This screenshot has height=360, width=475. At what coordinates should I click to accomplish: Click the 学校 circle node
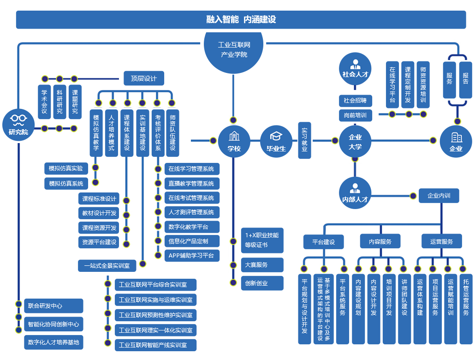tap(234, 141)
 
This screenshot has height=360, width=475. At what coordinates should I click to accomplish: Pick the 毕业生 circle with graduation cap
tap(276, 141)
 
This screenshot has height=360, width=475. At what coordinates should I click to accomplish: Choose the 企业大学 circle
tap(355, 141)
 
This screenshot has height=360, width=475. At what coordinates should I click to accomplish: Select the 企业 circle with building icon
tap(456, 141)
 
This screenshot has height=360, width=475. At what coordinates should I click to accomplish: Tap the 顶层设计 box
tap(144, 78)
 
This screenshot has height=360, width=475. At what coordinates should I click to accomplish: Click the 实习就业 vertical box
tap(304, 140)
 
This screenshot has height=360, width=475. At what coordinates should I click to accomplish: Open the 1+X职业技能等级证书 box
tap(262, 240)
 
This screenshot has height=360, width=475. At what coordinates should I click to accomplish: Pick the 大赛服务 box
tap(262, 265)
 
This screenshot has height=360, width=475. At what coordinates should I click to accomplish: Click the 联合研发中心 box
tap(53, 306)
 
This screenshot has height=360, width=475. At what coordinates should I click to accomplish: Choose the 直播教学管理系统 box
tap(191, 184)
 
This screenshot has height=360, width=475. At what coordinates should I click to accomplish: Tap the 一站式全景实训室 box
tap(107, 266)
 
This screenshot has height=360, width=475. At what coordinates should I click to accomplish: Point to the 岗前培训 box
tap(355, 115)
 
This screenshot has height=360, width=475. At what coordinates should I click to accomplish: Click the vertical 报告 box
tap(466, 80)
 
